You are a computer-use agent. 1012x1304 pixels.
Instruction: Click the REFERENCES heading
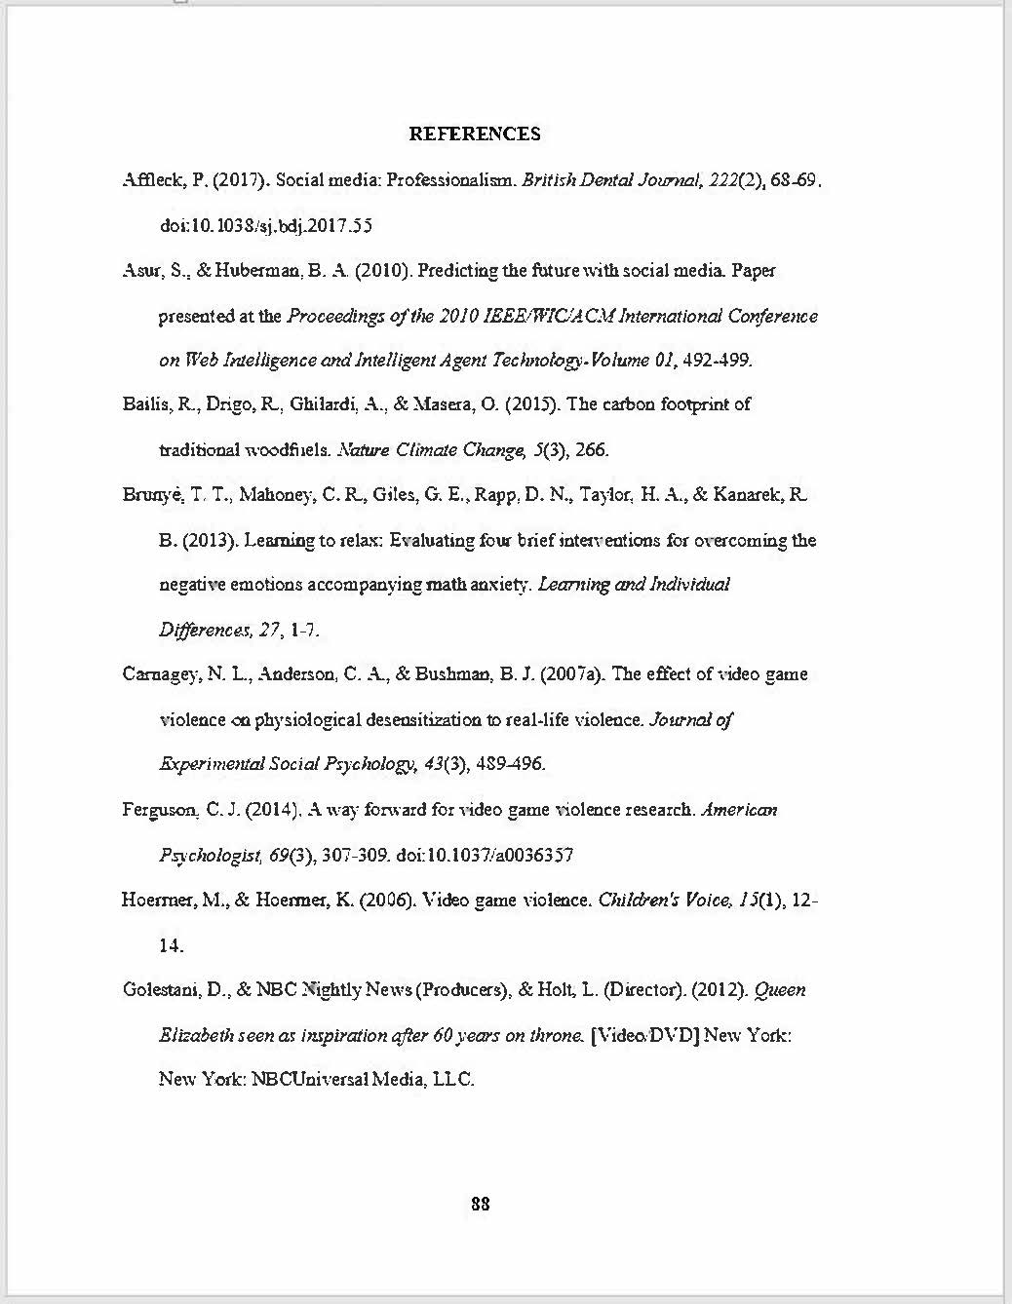coord(474,134)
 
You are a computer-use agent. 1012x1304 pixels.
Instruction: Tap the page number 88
coord(480,1204)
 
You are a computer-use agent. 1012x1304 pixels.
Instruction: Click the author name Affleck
coord(148,180)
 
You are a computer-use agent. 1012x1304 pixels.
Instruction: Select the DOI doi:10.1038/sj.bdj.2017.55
coord(265,226)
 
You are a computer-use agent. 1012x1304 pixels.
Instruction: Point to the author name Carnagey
coord(157,674)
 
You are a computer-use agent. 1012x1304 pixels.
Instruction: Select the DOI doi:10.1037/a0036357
coord(485,856)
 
